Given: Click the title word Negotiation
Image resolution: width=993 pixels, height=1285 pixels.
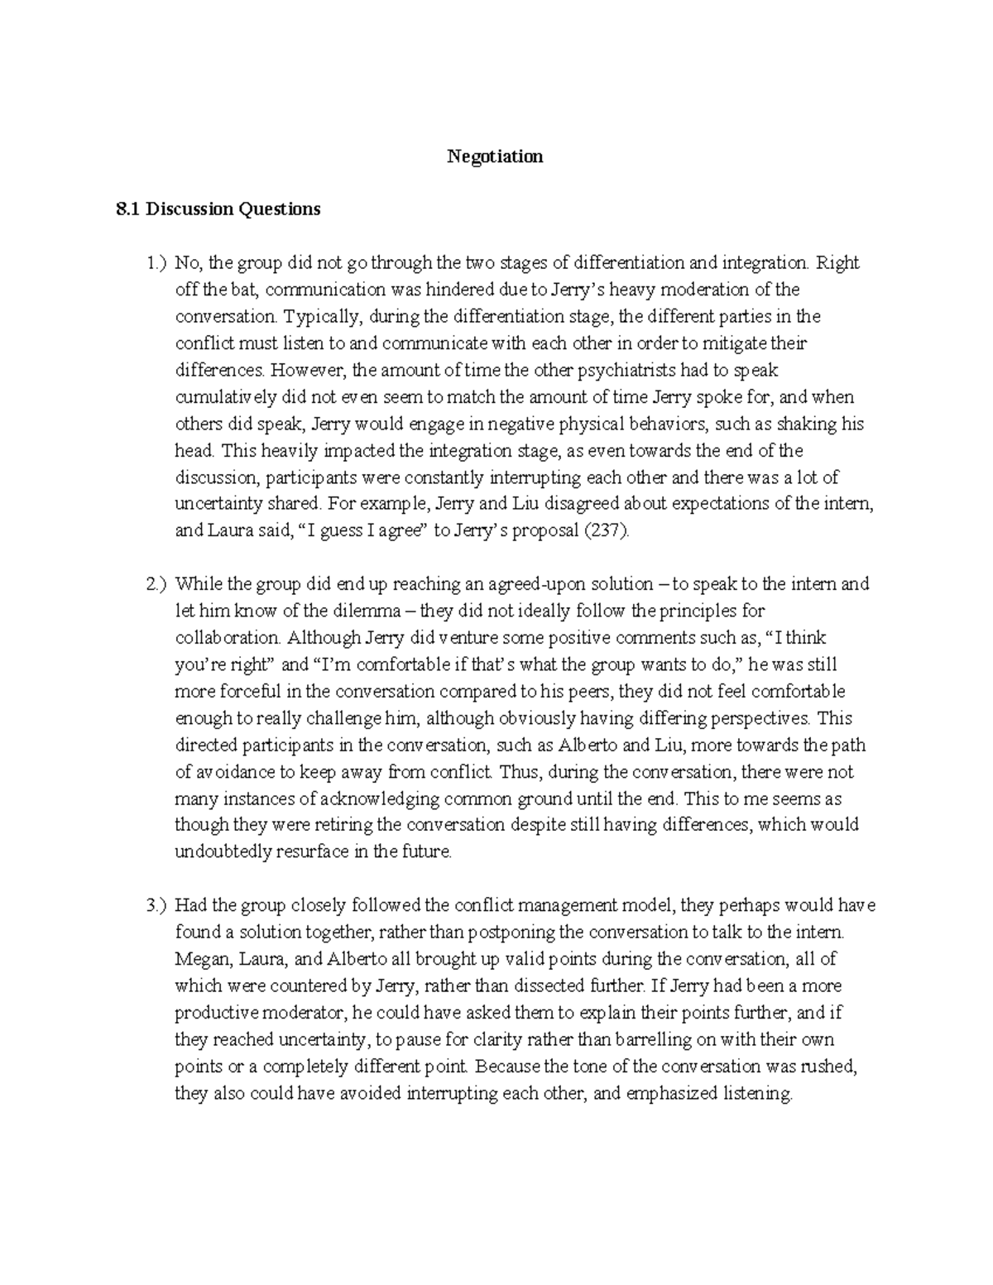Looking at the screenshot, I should [495, 156].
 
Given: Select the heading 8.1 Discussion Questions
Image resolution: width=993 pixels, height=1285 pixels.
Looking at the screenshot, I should [218, 209].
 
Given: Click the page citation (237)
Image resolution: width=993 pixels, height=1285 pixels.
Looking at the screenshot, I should [607, 531].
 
